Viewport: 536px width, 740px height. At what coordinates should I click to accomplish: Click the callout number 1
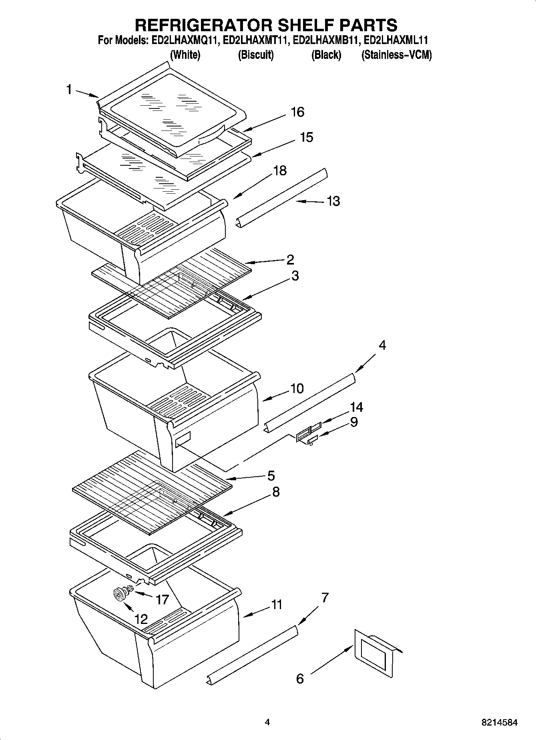[69, 90]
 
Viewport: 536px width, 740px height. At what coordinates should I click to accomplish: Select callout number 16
[297, 112]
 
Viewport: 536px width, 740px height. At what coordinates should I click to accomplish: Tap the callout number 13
[333, 201]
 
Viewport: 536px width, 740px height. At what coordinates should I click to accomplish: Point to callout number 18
[280, 170]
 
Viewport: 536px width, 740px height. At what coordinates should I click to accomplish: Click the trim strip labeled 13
[282, 197]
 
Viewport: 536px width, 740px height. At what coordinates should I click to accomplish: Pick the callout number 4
[382, 345]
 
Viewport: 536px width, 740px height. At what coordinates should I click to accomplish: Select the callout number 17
[162, 600]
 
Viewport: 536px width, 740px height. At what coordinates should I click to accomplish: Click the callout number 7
[325, 598]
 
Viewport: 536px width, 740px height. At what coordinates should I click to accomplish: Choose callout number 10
[297, 388]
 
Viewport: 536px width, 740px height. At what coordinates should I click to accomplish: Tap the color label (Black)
[326, 55]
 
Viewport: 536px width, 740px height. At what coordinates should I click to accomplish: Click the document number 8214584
[499, 723]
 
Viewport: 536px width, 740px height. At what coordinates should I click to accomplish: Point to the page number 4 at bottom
[267, 722]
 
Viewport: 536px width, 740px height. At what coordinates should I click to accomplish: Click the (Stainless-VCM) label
[396, 55]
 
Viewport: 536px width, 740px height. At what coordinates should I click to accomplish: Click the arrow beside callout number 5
[244, 477]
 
